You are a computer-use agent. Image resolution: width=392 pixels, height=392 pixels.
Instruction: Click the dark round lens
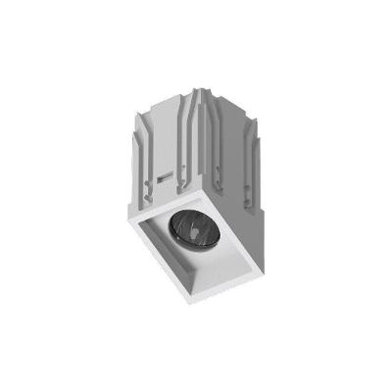click(x=193, y=233)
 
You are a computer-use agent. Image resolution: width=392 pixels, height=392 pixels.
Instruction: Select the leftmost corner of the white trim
click(x=128, y=224)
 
